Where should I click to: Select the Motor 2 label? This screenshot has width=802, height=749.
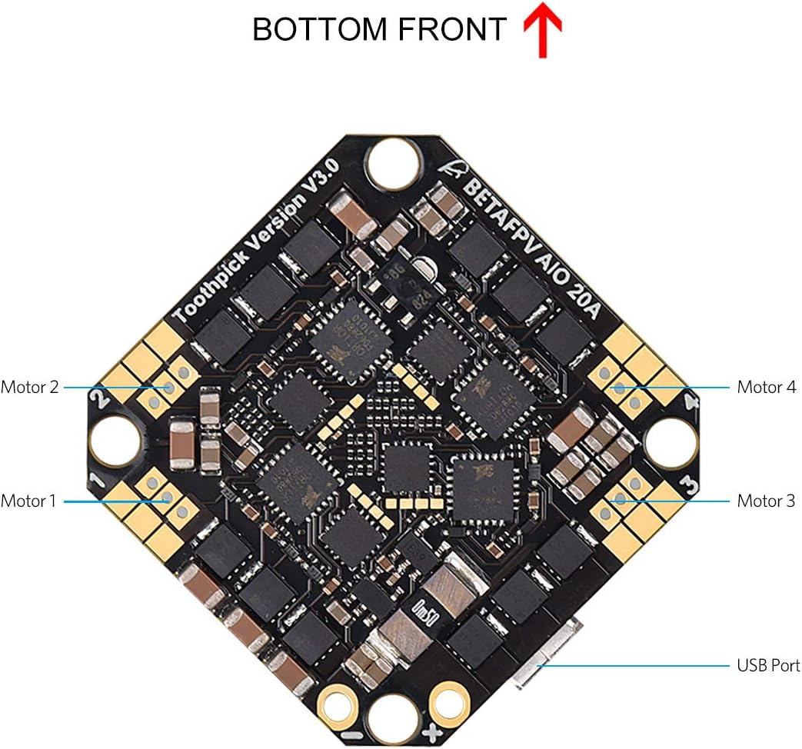pyautogui.click(x=30, y=387)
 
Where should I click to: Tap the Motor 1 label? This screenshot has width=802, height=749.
pyautogui.click(x=29, y=501)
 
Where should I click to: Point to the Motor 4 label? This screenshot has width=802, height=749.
pyautogui.click(x=766, y=387)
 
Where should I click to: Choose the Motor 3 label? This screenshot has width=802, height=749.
pyautogui.click(x=766, y=501)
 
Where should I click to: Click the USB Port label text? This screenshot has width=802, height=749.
pyautogui.click(x=768, y=665)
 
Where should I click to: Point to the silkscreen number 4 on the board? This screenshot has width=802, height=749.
pyautogui.click(x=690, y=401)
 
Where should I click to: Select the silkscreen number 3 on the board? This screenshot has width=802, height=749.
pyautogui.click(x=690, y=486)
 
